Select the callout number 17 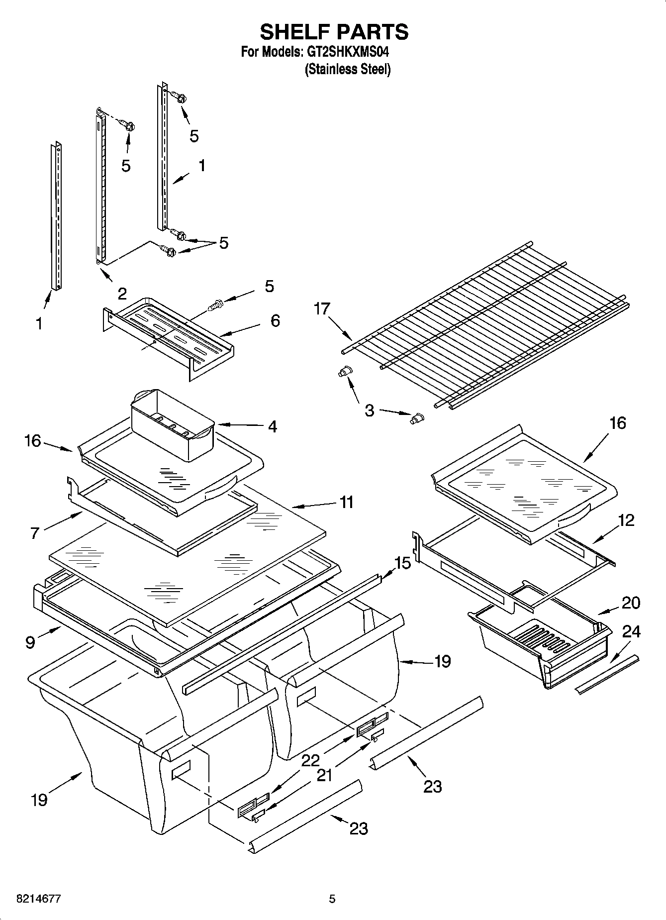pos(322,309)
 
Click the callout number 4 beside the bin pos(272,426)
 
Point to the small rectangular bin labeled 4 pos(172,424)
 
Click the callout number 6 pos(275,320)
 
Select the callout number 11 pos(346,502)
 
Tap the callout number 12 pos(626,520)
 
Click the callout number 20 pos(631,603)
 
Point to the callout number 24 pos(631,631)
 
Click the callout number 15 pos(402,563)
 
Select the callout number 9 pos(30,642)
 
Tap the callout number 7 pos(34,533)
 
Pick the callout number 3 pos(369,410)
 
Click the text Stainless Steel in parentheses pos(347,69)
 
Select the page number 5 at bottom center pos(332,899)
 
